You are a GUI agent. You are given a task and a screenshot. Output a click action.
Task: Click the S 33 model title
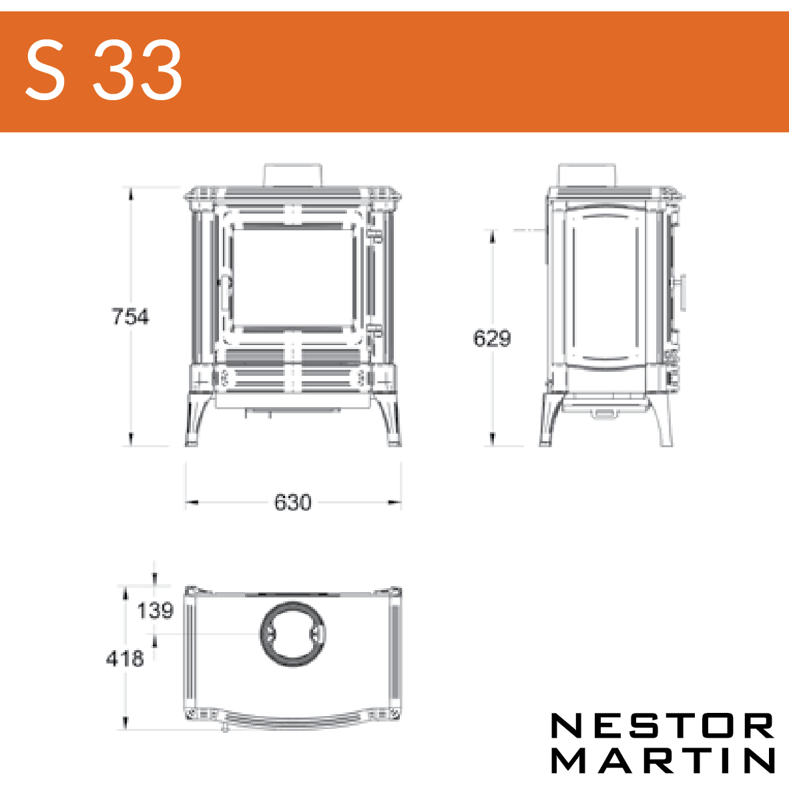click(103, 70)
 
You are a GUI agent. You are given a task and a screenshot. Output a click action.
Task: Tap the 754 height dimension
click(130, 316)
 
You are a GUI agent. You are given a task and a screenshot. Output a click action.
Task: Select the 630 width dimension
click(293, 502)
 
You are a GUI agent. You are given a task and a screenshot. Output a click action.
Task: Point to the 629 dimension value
click(492, 338)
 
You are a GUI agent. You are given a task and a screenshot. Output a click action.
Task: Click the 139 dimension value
click(155, 610)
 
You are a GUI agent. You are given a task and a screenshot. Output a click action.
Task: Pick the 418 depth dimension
click(125, 658)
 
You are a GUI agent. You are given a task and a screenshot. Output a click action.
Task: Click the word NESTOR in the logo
click(663, 726)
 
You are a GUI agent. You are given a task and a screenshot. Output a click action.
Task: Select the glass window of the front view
click(293, 278)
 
